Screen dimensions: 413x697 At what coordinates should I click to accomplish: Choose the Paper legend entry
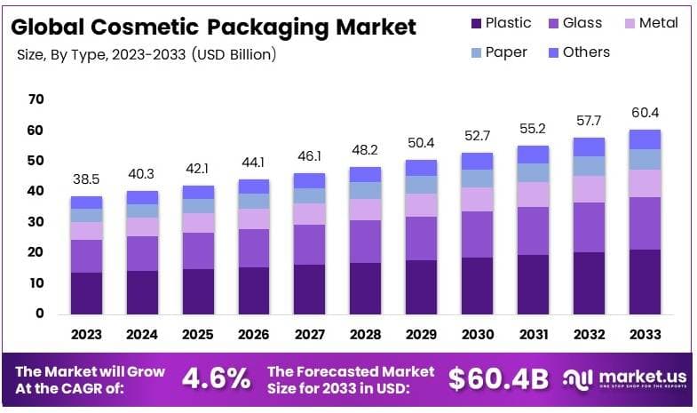pyautogui.click(x=498, y=52)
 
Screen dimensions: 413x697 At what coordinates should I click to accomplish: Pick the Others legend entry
pyautogui.click(x=577, y=52)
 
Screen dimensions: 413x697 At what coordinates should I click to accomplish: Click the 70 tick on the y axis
pyautogui.click(x=36, y=99)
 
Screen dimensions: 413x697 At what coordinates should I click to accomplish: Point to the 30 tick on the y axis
pyautogui.click(x=36, y=222)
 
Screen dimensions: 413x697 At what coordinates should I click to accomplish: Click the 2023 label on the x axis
pyautogui.click(x=87, y=335)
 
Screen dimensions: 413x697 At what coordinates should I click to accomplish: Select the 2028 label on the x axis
pyautogui.click(x=365, y=335)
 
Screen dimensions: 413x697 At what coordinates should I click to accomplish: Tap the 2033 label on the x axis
pyautogui.click(x=645, y=335)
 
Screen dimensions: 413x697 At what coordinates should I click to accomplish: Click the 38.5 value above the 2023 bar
pyautogui.click(x=87, y=179)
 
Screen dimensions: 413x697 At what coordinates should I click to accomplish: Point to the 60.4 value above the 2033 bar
pyautogui.click(x=645, y=113)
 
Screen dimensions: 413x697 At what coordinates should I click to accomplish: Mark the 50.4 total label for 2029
pyautogui.click(x=421, y=143)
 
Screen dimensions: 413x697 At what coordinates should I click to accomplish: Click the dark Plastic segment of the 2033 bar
pyautogui.click(x=645, y=282)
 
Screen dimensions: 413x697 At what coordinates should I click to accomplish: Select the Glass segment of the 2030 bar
pyautogui.click(x=477, y=234)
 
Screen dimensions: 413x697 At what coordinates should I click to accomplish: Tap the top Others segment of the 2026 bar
pyautogui.click(x=254, y=187)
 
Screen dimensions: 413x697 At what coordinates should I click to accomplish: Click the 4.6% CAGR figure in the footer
pyautogui.click(x=216, y=379)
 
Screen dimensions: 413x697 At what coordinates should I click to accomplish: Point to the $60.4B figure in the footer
pyautogui.click(x=500, y=379)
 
